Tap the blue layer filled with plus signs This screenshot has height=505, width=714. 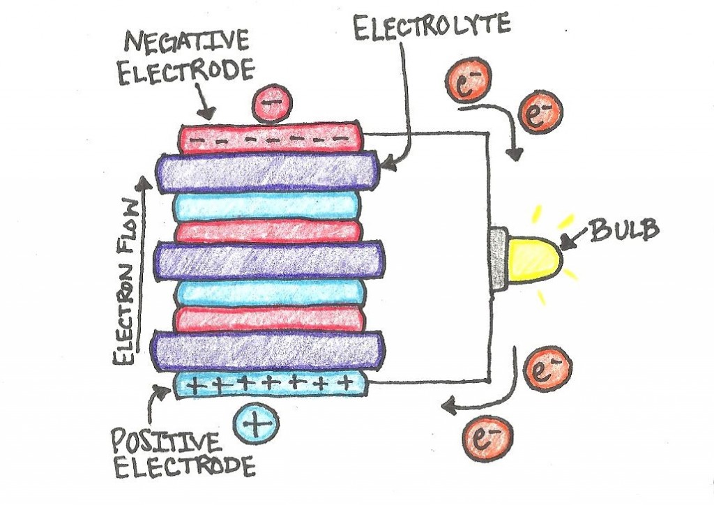coord(271,383)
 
